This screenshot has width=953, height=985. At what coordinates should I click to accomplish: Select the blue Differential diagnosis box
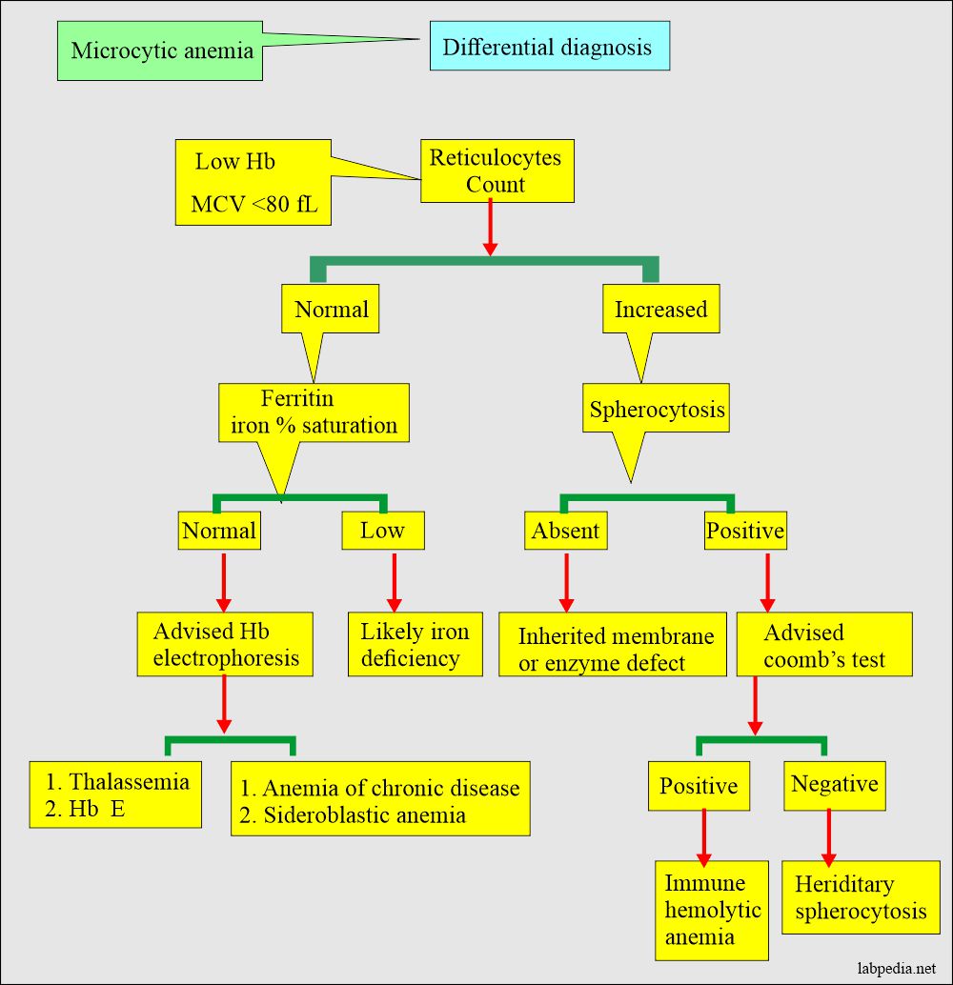pyautogui.click(x=548, y=46)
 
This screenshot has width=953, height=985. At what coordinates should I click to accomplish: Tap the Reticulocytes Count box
pyautogui.click(x=497, y=171)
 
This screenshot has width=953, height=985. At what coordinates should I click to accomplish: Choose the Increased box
pyautogui.click(x=660, y=310)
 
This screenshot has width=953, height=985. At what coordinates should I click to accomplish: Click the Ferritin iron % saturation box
pyautogui.click(x=314, y=412)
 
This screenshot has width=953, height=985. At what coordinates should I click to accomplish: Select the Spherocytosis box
pyautogui.click(x=657, y=411)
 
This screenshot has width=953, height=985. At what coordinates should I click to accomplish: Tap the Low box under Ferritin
pyautogui.click(x=382, y=531)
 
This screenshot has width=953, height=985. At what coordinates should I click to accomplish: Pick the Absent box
pyautogui.click(x=565, y=531)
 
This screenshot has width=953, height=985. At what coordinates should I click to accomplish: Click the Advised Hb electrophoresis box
pyautogui.click(x=225, y=645)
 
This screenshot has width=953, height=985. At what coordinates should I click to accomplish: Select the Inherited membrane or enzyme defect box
pyautogui.click(x=613, y=650)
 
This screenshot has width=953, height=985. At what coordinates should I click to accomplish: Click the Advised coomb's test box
pyautogui.click(x=823, y=645)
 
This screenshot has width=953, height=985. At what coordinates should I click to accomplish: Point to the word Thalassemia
pyautogui.click(x=130, y=782)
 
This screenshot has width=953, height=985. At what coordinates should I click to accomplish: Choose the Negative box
pyautogui.click(x=834, y=785)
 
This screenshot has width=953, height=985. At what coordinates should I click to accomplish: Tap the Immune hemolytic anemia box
pyautogui.click(x=712, y=910)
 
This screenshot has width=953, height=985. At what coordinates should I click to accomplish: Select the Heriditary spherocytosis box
pyautogui.click(x=860, y=897)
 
